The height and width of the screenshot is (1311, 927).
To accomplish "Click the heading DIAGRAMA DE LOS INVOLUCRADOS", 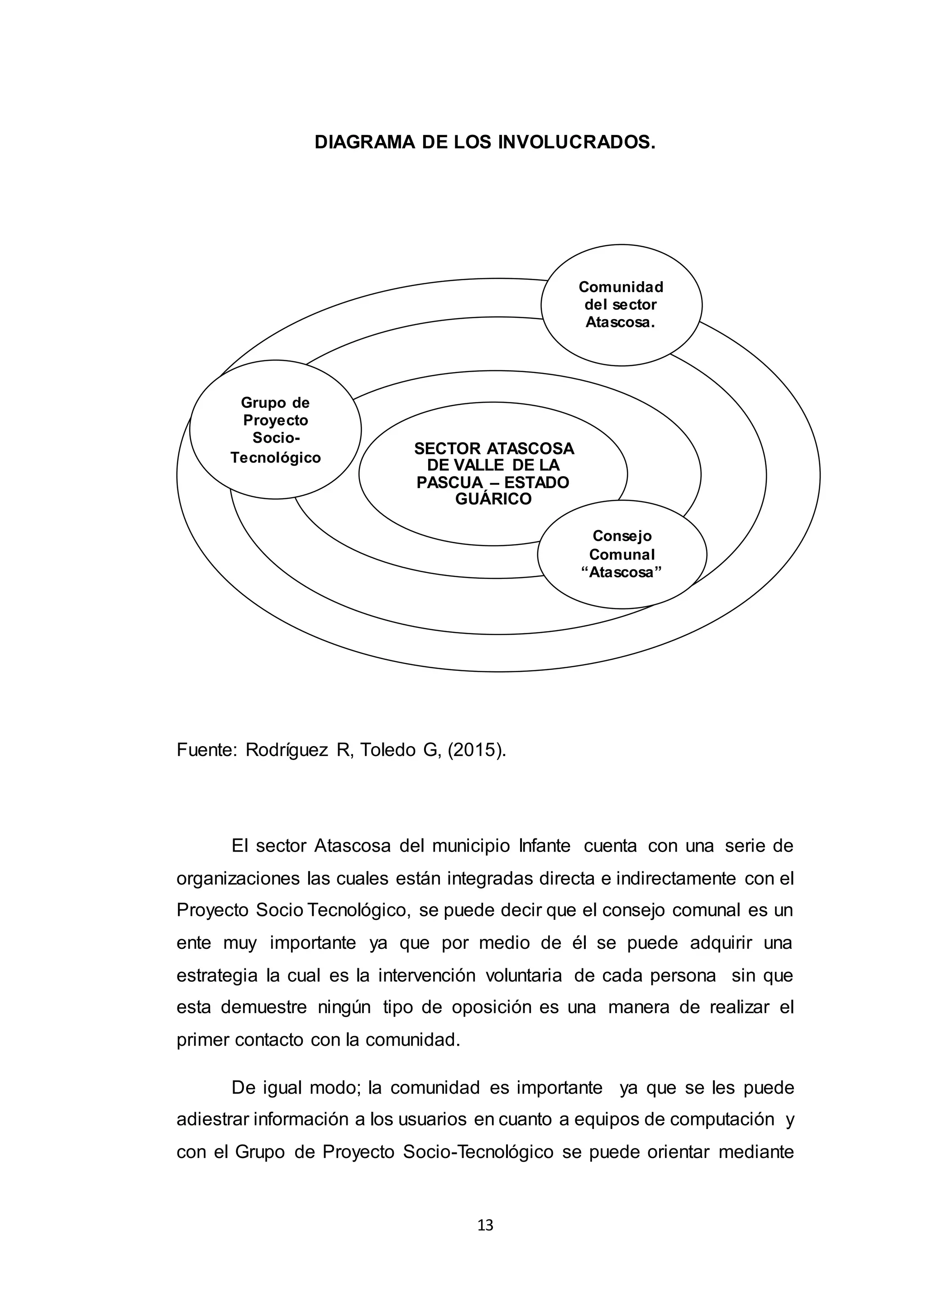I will pyautogui.click(x=485, y=142).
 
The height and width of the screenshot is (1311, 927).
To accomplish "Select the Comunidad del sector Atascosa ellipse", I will pyautogui.click(x=621, y=305).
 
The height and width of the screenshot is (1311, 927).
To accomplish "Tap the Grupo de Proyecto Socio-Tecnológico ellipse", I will pyautogui.click(x=275, y=430).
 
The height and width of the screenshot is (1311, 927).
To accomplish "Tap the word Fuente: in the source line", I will pyautogui.click(x=206, y=750).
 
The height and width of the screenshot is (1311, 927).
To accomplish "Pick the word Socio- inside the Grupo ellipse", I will pyautogui.click(x=276, y=439).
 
